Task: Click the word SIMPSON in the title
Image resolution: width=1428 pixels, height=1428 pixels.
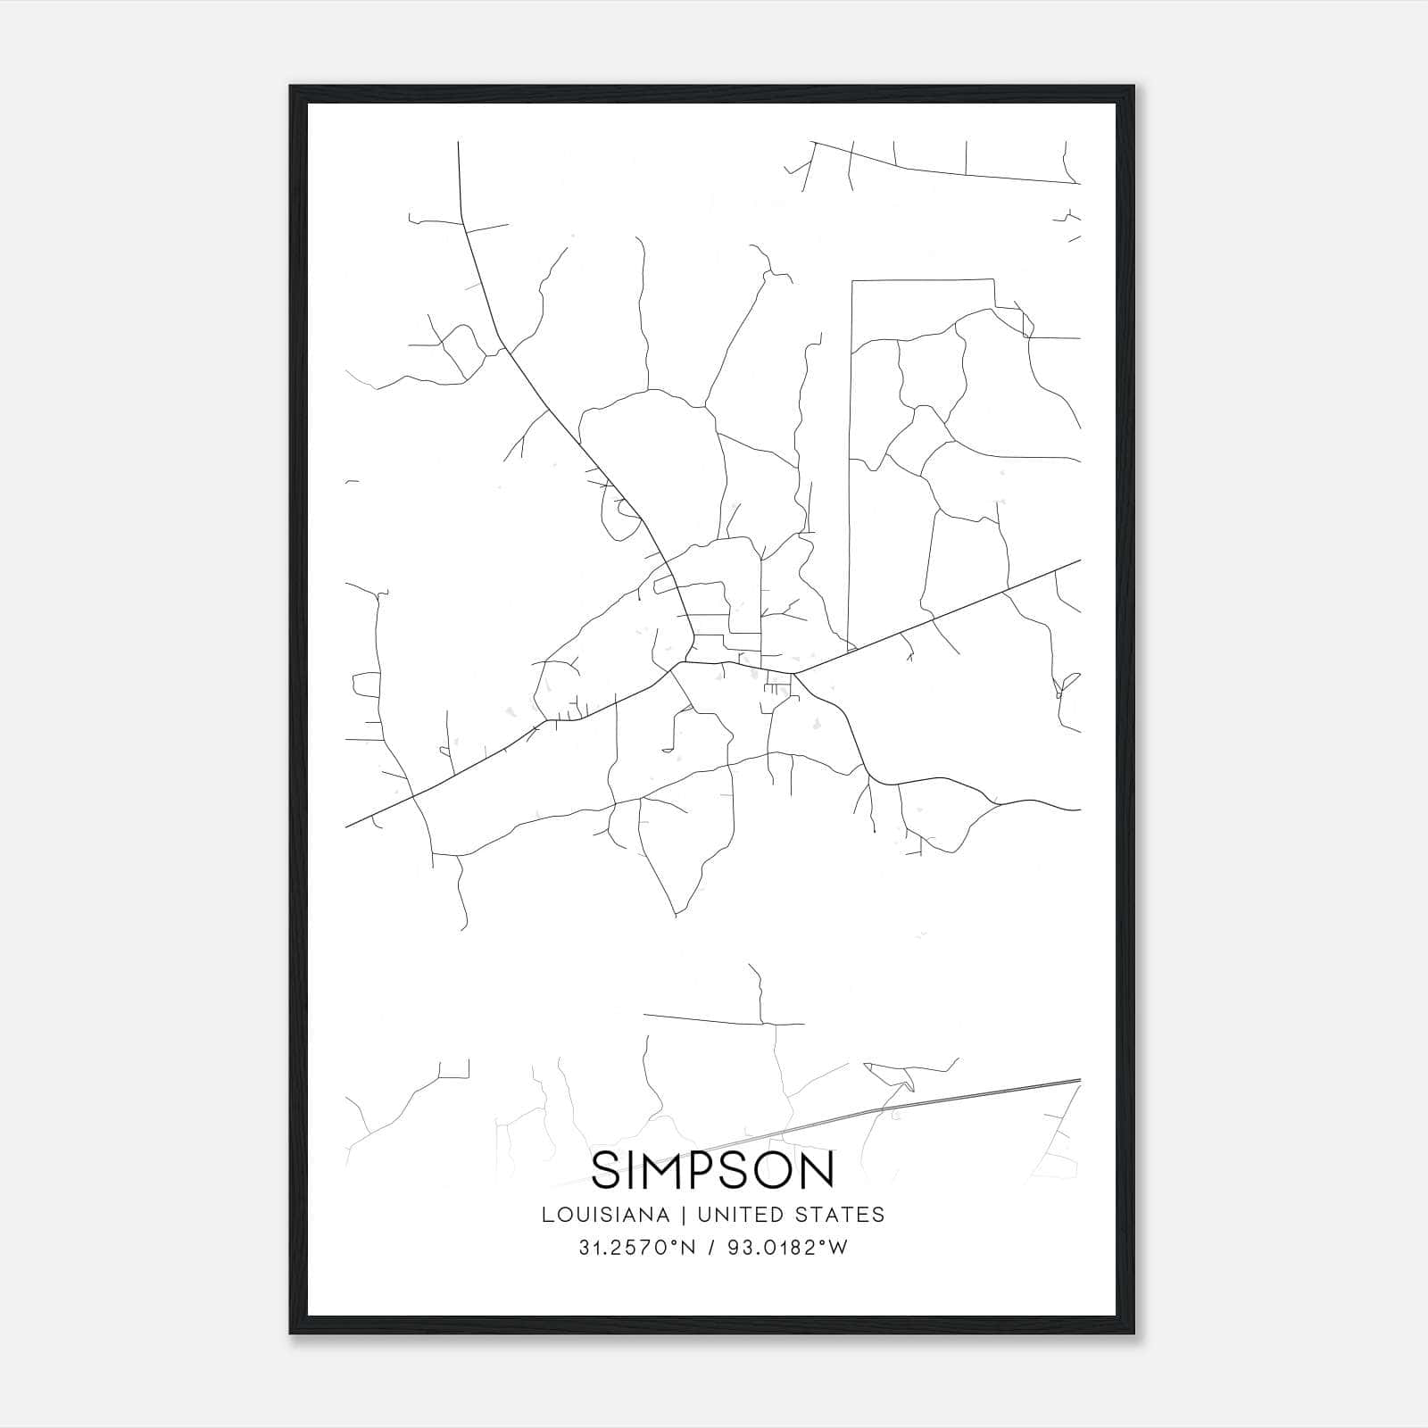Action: click(x=712, y=1170)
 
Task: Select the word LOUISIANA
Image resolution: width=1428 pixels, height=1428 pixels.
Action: click(x=605, y=1215)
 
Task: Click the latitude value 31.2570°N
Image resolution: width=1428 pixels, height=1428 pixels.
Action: click(x=635, y=1249)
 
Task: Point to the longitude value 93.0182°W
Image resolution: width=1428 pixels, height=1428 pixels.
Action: click(x=785, y=1249)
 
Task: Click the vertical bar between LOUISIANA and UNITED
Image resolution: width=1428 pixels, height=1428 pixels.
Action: click(x=684, y=1215)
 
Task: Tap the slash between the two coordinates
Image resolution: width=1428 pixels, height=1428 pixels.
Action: click(x=710, y=1249)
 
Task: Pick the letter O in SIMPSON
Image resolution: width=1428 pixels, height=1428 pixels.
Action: click(x=776, y=1170)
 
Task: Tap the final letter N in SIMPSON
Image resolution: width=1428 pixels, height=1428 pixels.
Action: click(x=818, y=1170)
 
